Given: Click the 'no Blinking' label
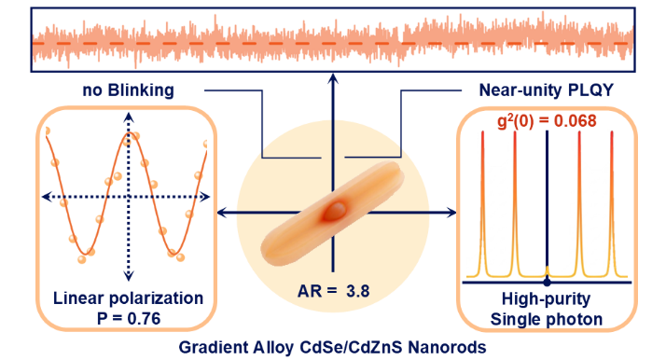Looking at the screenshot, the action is pos(129,90).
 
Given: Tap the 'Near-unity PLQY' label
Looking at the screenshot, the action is pos(547,90).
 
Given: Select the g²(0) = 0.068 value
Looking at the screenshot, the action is pos(547,121).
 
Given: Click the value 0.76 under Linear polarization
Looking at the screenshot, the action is pos(145,318).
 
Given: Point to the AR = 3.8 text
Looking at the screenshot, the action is pos(333,291).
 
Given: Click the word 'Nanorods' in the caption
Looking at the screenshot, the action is pos(447,347).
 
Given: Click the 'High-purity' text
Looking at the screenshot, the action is pos(547,299).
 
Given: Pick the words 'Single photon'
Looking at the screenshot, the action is pos(547,319).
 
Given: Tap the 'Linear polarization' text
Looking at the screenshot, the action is pos(129,298).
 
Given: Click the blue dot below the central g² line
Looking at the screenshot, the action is pos(547,282).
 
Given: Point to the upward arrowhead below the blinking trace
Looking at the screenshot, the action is pos(333,78).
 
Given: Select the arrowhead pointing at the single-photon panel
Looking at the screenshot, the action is pos(451,213).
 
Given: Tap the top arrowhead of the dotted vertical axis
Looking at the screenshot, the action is pos(129,118).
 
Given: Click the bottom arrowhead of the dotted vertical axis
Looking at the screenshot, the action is pos(129,276).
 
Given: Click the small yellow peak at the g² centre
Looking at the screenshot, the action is pos(547,270).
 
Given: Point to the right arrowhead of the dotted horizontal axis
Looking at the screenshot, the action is pos(205,197).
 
